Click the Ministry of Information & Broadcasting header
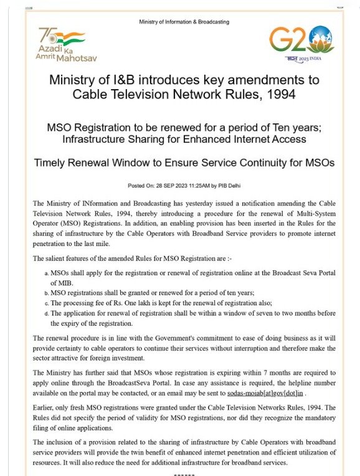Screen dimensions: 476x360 click(x=184, y=22)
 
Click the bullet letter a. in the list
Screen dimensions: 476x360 click(x=47, y=274)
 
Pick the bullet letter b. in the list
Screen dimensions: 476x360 click(x=47, y=293)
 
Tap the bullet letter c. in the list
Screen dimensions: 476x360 click(x=47, y=303)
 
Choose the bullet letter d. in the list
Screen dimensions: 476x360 click(x=47, y=314)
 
